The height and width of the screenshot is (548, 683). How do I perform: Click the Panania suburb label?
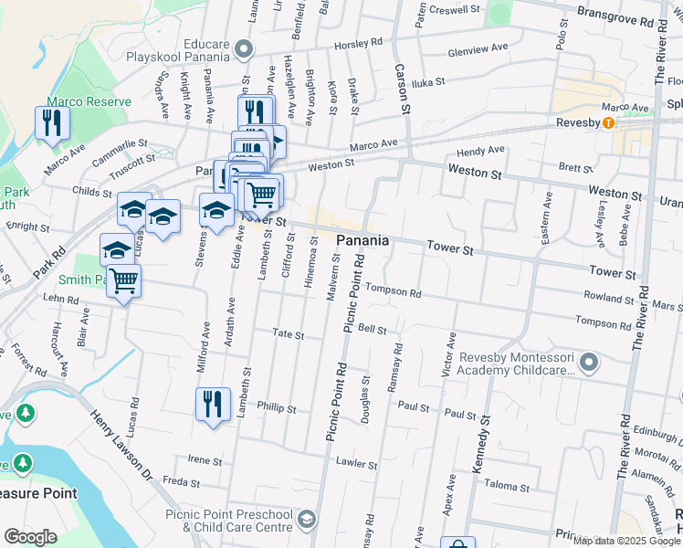pyautogui.click(x=363, y=240)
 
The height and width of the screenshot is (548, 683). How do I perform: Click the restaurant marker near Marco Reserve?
pyautogui.click(x=52, y=121)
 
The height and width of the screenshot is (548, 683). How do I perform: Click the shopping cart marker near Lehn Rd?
pyautogui.click(x=123, y=280)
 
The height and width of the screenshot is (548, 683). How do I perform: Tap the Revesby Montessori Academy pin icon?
pyautogui.click(x=589, y=364)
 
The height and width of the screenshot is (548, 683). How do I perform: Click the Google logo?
pyautogui.click(x=30, y=537)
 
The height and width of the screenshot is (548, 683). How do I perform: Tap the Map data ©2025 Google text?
pyautogui.click(x=626, y=541)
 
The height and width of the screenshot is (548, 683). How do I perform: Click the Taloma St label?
pyautogui.click(x=507, y=485)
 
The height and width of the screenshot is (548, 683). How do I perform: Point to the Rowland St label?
pyautogui.click(x=609, y=298)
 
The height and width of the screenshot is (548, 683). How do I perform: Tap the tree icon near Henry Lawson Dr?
pyautogui.click(x=25, y=413)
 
